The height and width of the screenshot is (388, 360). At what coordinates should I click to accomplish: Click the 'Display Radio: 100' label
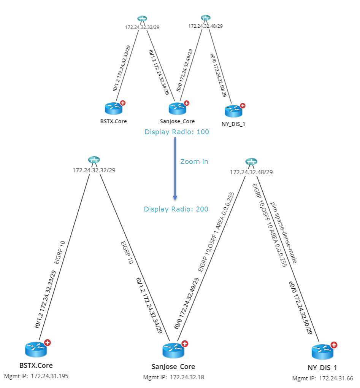176,132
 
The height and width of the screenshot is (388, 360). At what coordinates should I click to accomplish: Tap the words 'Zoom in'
194,162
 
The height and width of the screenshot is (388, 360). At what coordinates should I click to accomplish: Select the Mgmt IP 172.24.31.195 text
36,376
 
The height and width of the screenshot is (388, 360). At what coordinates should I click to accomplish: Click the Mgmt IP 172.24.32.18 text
173,377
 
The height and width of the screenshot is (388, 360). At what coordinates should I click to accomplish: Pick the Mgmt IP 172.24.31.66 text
322,378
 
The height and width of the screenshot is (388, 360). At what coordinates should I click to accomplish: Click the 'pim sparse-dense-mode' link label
283,233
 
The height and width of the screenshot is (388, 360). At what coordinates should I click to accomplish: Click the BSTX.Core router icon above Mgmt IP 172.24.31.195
35,350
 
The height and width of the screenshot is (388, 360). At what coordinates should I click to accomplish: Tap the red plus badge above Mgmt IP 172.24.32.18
185,343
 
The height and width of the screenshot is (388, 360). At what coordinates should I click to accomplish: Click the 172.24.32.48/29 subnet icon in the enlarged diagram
251,162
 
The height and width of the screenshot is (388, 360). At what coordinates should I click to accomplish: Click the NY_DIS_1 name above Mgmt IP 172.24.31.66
322,368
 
